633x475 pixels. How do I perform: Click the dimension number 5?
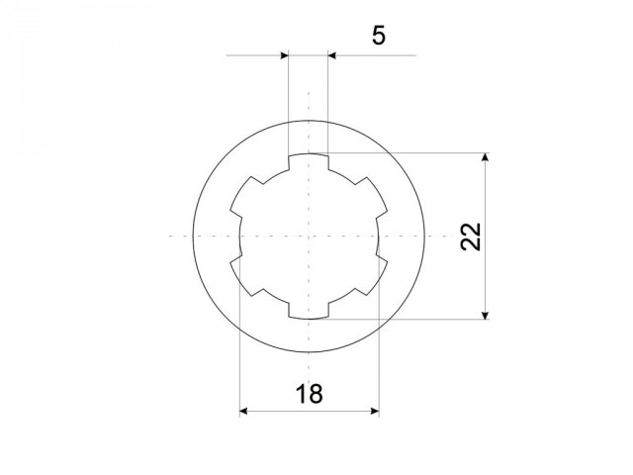pyautogui.click(x=378, y=36)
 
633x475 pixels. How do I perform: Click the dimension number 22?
pyautogui.click(x=471, y=237)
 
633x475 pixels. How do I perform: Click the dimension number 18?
pyautogui.click(x=310, y=394)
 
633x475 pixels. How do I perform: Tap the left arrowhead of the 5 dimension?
pyautogui.click(x=284, y=55)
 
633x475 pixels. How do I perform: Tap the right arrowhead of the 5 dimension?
pyautogui.click(x=332, y=55)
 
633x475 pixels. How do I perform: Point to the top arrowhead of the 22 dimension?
pyautogui.click(x=486, y=157)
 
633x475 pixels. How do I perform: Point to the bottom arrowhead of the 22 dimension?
pyautogui.click(x=486, y=315)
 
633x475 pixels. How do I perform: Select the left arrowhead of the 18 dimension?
pyautogui.click(x=244, y=412)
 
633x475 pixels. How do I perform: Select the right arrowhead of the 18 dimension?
pyautogui.click(x=375, y=412)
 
